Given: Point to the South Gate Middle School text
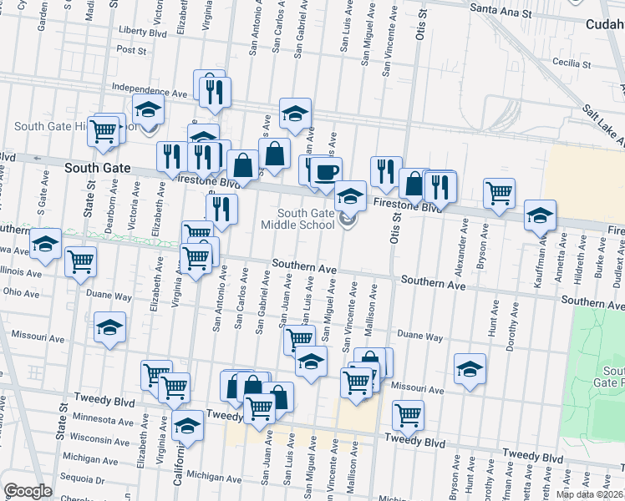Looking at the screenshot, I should pos(297,219).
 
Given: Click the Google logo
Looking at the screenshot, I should pos(28,491).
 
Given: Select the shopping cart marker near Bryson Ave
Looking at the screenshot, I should pos(499,193).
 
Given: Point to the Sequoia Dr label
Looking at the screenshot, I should pos(83,480).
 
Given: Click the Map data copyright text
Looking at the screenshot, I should pos(589,494).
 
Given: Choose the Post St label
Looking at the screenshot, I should pos(131,50).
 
